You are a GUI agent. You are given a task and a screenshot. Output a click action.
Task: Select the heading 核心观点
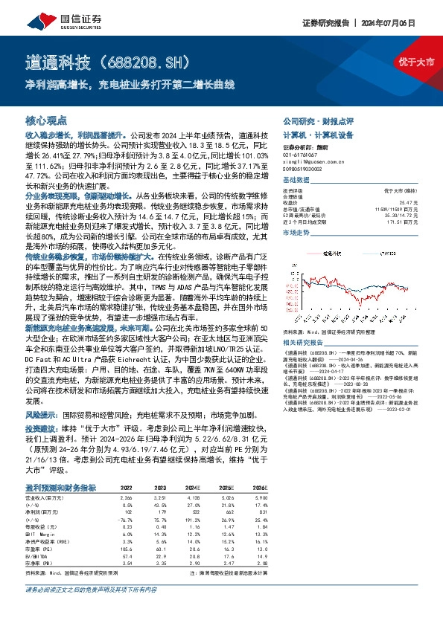pos(46,120)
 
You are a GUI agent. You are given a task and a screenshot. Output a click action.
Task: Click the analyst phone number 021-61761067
pos(301,154)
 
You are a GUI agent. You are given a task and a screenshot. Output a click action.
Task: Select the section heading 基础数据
pos(296,181)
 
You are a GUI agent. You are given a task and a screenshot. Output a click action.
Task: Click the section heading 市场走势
pos(296,233)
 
